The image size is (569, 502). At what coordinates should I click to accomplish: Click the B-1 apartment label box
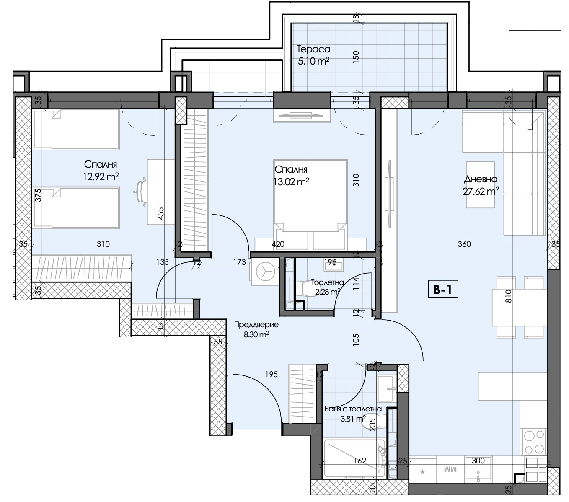[x=443, y=290]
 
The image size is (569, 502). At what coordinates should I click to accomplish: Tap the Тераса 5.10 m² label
[x=313, y=55]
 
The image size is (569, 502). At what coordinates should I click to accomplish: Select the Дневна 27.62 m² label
[x=481, y=185]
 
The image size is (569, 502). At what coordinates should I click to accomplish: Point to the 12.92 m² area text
[x=101, y=177]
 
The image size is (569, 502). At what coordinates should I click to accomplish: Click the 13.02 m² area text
[x=291, y=182]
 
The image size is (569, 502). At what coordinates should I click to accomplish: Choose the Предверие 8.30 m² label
[x=256, y=329]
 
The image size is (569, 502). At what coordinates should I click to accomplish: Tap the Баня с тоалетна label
[x=353, y=409]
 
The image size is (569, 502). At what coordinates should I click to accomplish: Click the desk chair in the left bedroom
[x=141, y=191]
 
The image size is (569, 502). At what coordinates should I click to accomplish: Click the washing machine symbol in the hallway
[x=265, y=272]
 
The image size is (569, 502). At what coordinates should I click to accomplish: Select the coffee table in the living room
[x=481, y=184]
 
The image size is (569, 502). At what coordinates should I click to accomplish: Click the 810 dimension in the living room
[x=508, y=296]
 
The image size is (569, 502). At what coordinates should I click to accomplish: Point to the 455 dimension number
[x=160, y=213]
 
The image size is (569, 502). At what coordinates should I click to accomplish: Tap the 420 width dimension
[x=278, y=244]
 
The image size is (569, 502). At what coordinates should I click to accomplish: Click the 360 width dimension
[x=464, y=244]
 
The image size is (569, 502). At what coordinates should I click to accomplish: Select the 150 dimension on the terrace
[x=356, y=57]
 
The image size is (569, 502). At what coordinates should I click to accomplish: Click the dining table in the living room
[x=519, y=307]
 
